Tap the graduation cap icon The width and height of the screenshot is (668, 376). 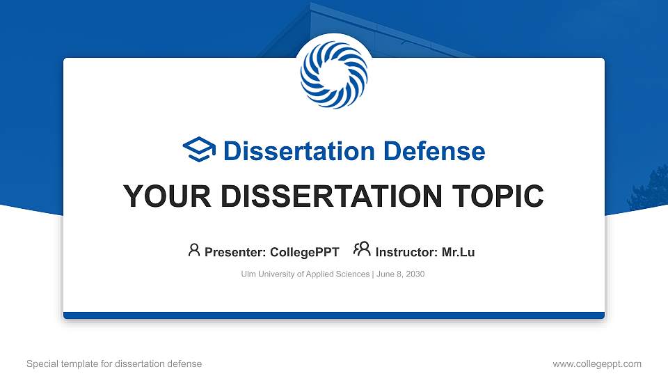point(200,150)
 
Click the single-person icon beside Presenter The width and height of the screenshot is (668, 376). point(194,250)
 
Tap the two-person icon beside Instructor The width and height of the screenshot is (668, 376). point(362,250)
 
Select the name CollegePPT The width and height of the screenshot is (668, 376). point(304,252)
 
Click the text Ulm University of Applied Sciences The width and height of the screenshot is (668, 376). point(305,274)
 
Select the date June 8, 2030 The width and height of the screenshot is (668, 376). point(401,274)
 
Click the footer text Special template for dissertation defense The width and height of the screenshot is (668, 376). point(114,363)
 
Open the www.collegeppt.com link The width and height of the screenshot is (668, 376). point(597,363)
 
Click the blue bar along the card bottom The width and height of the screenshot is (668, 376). point(333,315)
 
